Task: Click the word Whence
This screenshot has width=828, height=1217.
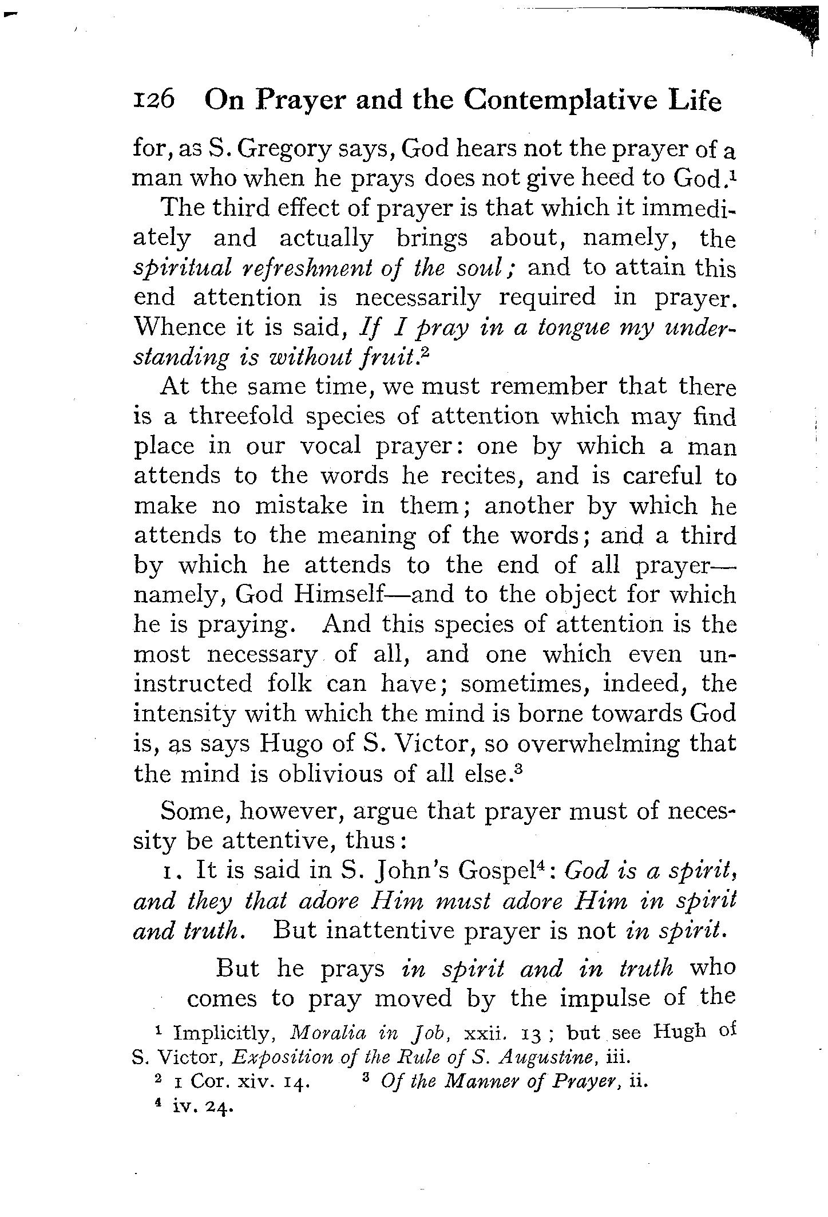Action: tap(175, 327)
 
